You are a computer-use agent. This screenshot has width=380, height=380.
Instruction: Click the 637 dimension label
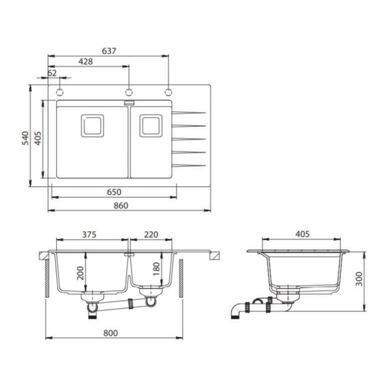[x=109, y=51]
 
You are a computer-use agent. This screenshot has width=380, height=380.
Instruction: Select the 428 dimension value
[x=85, y=62]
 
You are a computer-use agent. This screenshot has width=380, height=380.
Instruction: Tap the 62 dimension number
[x=52, y=73]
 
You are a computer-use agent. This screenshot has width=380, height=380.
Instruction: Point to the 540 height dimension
[x=25, y=138]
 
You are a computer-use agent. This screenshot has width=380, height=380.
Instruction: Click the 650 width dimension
[x=114, y=192]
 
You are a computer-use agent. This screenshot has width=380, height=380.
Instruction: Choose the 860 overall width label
[x=121, y=206]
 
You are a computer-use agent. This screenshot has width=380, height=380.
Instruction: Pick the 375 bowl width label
[x=89, y=234]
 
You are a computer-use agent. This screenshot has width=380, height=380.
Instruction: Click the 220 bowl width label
[x=151, y=234]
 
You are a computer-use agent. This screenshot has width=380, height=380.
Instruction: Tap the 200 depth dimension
[x=80, y=273]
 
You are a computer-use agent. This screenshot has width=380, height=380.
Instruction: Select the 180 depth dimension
[x=157, y=269]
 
